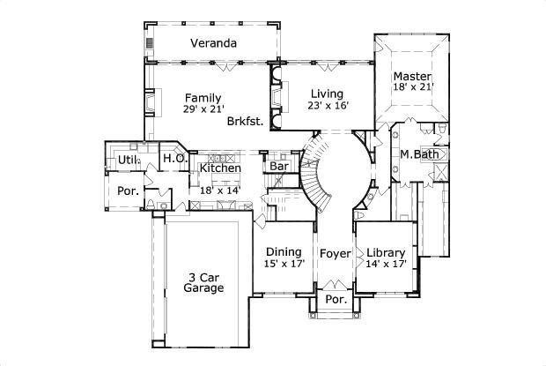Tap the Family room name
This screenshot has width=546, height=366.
point(203,98)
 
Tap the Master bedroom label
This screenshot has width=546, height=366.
point(412,76)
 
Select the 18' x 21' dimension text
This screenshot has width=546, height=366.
point(412,88)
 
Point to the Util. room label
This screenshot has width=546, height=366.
point(129,161)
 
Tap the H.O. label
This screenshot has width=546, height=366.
point(173,159)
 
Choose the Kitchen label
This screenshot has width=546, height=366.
point(220,168)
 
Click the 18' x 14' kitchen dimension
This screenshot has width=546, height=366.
point(220,190)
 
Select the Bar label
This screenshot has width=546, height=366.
point(279,166)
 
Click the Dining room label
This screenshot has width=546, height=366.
point(284,251)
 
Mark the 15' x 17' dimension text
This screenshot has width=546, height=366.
point(284,264)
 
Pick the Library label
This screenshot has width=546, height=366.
point(387,251)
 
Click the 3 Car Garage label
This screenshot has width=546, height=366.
point(203,281)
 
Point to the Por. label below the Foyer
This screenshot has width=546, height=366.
point(336,299)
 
